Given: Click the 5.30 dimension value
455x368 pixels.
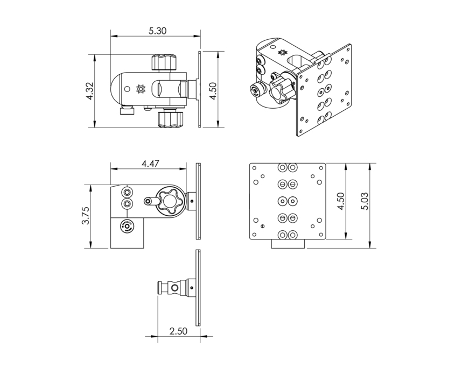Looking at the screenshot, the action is [158, 31].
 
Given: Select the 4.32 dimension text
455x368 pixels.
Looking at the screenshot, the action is [90, 91].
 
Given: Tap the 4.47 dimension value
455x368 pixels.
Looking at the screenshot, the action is [150, 164].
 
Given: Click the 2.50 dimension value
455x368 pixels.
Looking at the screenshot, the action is [178, 331].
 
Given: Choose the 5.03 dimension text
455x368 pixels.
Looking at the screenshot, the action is [364, 201].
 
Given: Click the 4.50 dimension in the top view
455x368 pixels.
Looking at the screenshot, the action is [213, 91].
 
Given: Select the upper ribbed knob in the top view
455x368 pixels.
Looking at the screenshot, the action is [164, 62].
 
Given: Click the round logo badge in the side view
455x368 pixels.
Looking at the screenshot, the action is [127, 226].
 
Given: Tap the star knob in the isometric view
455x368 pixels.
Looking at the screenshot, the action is [281, 90].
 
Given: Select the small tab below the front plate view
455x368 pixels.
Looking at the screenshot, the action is [288, 244].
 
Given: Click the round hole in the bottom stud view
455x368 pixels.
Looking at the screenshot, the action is [174, 288].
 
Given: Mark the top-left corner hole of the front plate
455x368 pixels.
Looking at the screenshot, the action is [255, 168].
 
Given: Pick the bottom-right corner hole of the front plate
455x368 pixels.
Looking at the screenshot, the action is [321, 235].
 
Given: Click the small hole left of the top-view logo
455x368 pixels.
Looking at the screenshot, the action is [127, 89].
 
